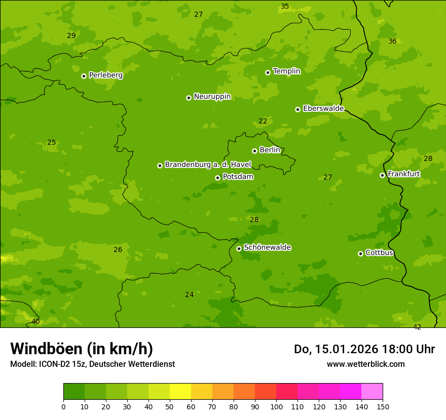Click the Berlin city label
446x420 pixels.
270,150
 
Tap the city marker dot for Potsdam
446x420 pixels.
217,178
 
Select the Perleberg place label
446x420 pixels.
106,75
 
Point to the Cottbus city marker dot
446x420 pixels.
360,254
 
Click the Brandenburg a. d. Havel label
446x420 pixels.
208,165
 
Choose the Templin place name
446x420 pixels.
286,71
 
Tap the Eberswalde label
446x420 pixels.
323,109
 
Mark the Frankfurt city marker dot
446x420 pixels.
382,175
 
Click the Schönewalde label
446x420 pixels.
267,247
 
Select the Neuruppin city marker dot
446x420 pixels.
189,98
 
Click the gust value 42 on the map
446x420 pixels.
417,327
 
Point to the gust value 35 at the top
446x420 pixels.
285,7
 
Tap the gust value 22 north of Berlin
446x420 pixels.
263,121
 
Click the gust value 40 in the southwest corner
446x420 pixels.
35,322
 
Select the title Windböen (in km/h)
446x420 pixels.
82,349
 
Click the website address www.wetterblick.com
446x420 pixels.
365,364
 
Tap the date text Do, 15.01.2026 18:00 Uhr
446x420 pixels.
364,349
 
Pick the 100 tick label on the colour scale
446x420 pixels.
276,406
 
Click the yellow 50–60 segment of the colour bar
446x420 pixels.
180,392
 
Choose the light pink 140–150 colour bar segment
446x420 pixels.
372,392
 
